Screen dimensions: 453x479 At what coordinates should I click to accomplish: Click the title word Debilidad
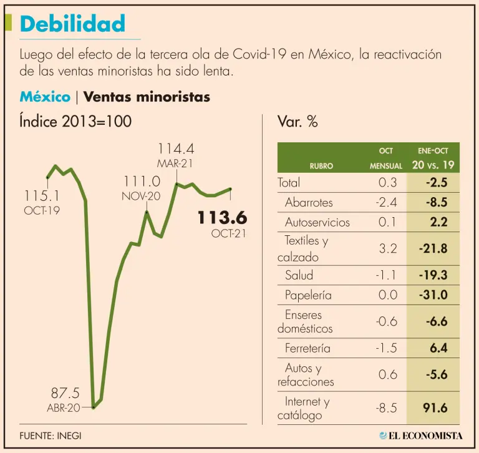pos(72,24)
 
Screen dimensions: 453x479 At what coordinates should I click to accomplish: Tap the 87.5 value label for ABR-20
pos(65,394)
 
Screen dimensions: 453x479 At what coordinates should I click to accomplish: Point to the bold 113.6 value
pos(222,218)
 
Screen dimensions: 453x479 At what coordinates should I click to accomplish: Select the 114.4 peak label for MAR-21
pos(176,149)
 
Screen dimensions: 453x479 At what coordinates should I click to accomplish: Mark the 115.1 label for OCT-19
pos(42,197)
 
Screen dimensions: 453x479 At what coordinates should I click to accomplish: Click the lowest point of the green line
pos(94,407)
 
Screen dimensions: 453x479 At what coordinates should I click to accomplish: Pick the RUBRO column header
pos(321,166)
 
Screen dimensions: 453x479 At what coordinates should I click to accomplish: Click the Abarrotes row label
pos(309,202)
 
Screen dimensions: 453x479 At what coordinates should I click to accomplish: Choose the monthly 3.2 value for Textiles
pos(387,248)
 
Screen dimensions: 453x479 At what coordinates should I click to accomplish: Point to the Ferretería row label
pos(307,348)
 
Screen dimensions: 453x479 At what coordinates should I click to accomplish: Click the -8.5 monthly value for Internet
pos(387,407)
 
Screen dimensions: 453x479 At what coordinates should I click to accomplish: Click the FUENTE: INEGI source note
pos(51,436)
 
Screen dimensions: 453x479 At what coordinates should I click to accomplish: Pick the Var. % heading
pos(298,122)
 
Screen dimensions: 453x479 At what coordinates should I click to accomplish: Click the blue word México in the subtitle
pos(44,97)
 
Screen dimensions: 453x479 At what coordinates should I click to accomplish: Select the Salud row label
pos(299,275)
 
